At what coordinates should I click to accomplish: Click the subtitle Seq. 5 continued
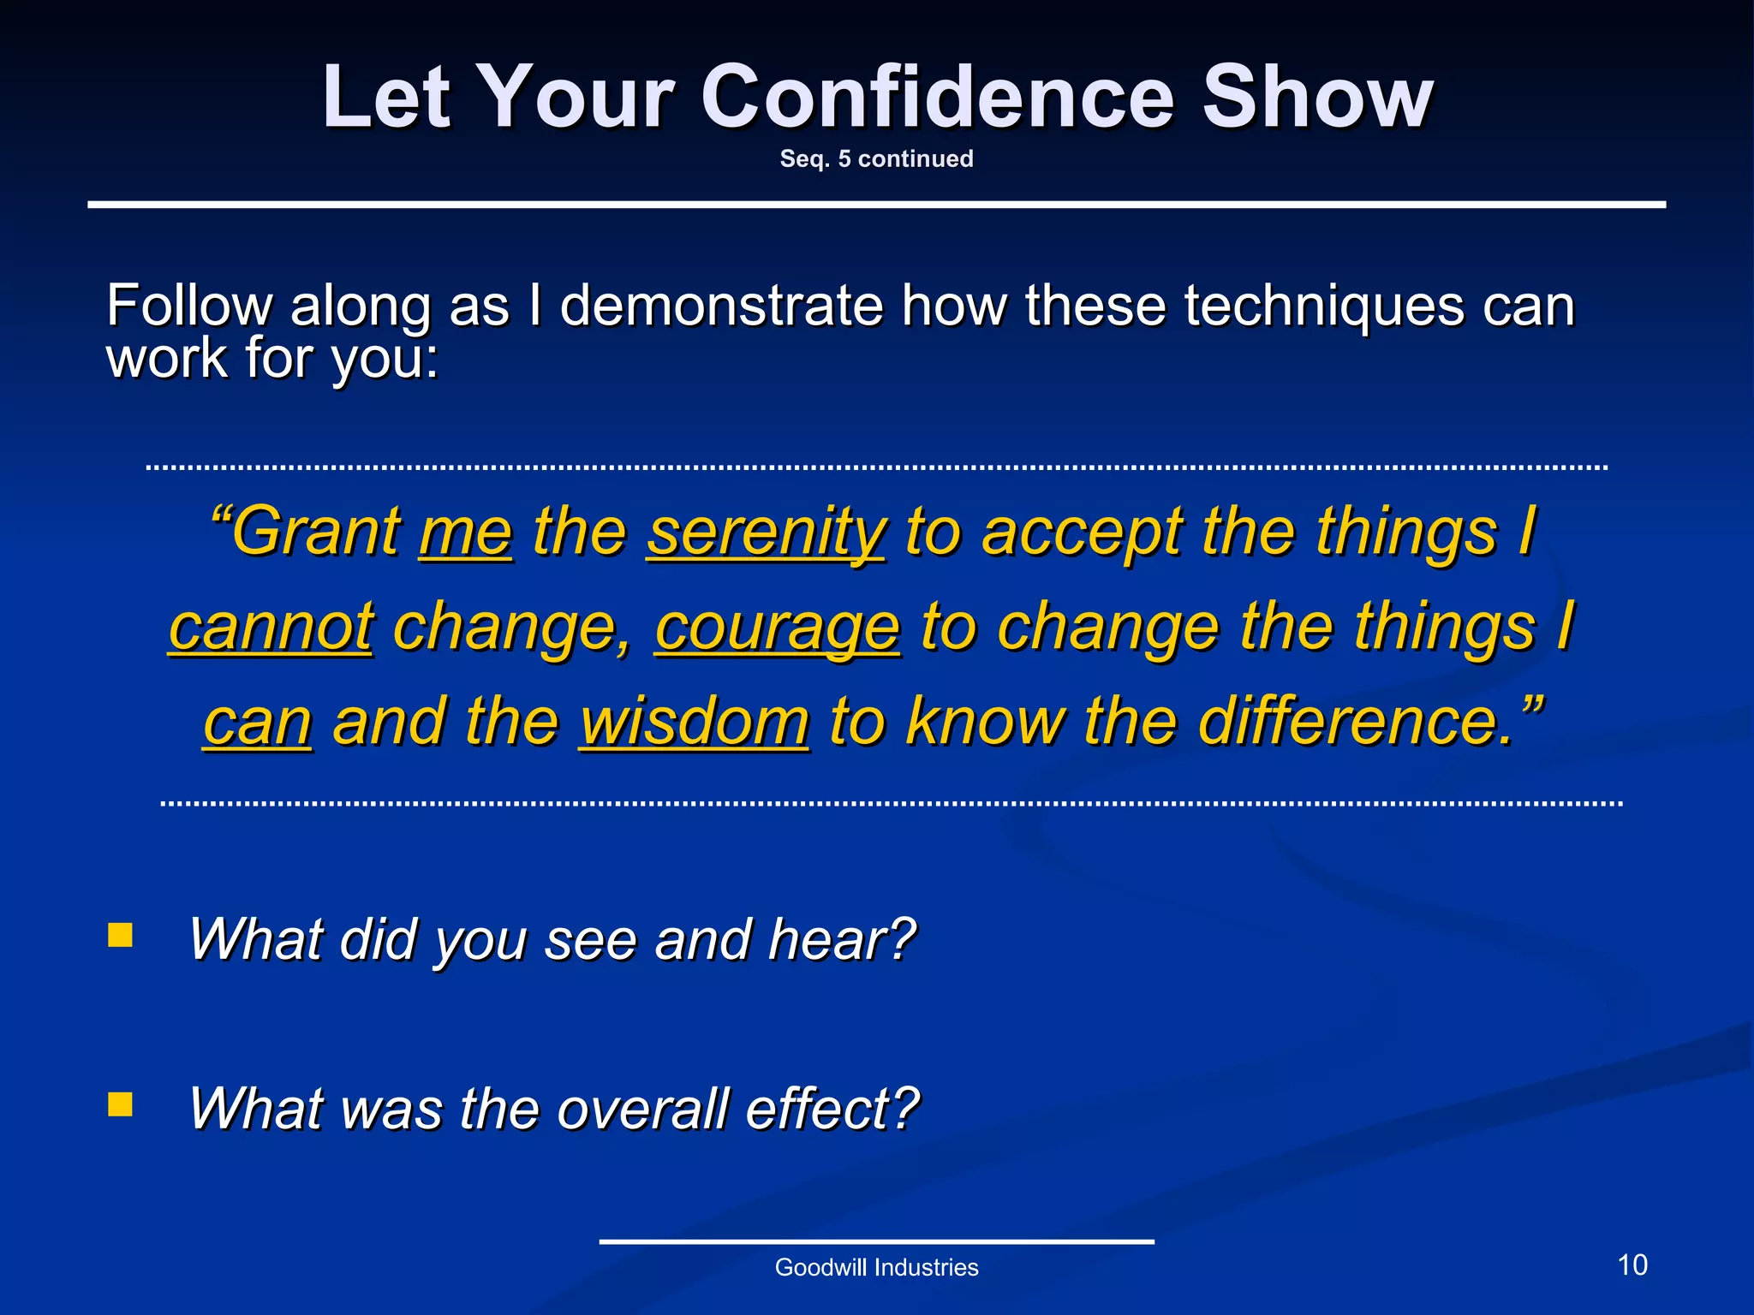coord(876,159)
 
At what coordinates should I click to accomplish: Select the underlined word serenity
coord(766,532)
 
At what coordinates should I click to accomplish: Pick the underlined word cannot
coord(271,627)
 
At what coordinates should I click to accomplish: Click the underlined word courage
coord(777,627)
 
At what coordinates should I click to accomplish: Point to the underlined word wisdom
coord(694,722)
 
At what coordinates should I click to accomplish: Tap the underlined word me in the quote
coord(466,532)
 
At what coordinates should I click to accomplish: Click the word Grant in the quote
coord(315,532)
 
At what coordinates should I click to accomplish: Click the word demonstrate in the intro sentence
coord(721,306)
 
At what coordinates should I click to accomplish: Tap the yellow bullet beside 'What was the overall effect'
coord(121,1104)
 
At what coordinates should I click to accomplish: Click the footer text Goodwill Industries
coord(876,1268)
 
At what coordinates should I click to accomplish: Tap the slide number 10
coord(1632,1265)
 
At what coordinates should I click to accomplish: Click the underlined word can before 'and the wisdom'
coord(257,722)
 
